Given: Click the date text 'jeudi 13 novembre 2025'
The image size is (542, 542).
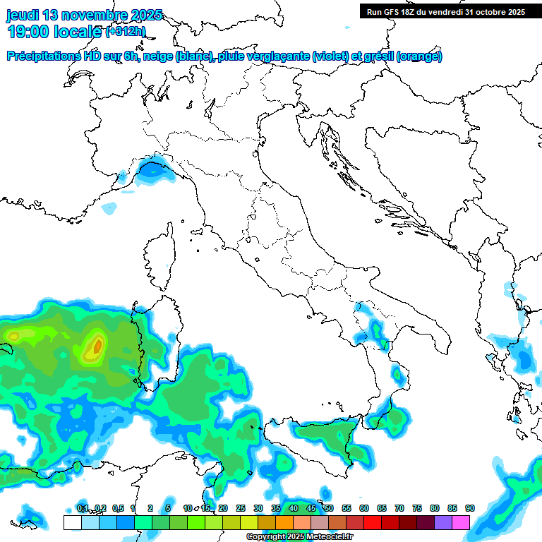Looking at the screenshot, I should (84, 15).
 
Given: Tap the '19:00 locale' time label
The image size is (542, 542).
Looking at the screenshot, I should (54, 31).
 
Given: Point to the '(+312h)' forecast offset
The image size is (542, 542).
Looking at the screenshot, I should (126, 31).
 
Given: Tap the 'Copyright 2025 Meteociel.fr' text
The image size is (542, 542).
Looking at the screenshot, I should (310, 536).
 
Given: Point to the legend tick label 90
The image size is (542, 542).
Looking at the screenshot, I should (470, 508).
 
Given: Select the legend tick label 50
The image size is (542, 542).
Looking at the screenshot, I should (329, 508).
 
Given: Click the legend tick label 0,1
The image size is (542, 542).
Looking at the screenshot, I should (82, 508).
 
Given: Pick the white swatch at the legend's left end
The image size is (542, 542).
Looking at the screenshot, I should (72, 522).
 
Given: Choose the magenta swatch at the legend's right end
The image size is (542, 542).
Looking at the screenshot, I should (461, 522).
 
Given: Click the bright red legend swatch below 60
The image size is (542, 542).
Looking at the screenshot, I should (373, 522).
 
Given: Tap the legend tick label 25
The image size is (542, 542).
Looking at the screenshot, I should (241, 508).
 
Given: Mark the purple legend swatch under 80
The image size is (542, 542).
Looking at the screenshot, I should (443, 522).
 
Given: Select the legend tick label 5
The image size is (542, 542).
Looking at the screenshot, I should (168, 508).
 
